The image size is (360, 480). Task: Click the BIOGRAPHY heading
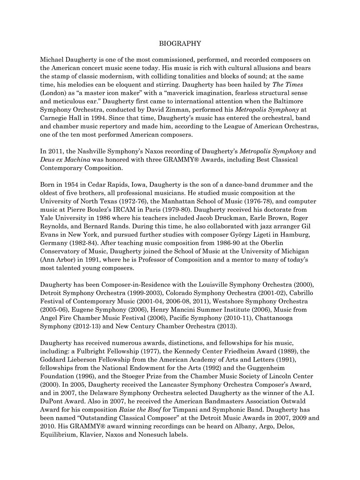click(x=180, y=43)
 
